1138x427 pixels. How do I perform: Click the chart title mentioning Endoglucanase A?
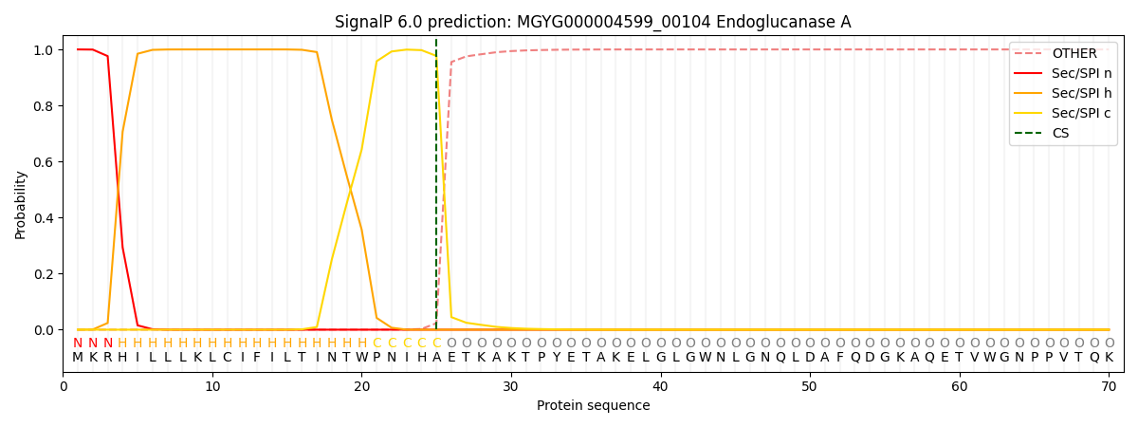click(x=593, y=22)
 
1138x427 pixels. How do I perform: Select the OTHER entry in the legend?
click(x=1074, y=53)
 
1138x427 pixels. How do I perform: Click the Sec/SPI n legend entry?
click(x=1074, y=73)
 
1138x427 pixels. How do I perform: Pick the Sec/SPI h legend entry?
click(x=1074, y=93)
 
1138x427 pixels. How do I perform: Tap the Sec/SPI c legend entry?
click(x=1074, y=113)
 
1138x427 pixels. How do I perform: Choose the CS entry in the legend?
click(x=1059, y=133)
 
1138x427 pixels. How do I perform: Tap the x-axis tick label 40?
click(x=660, y=386)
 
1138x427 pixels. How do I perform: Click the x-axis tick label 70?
click(x=1109, y=386)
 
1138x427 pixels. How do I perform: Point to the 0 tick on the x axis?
click(x=64, y=386)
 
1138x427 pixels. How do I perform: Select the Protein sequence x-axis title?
click(x=593, y=405)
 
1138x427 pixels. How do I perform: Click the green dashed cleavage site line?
click(x=436, y=190)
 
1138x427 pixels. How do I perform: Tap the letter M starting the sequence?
click(x=78, y=358)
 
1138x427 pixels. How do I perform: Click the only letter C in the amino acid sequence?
click(x=227, y=358)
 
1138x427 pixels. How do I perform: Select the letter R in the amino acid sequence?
click(x=107, y=358)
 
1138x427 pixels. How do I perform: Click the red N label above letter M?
click(x=78, y=343)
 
